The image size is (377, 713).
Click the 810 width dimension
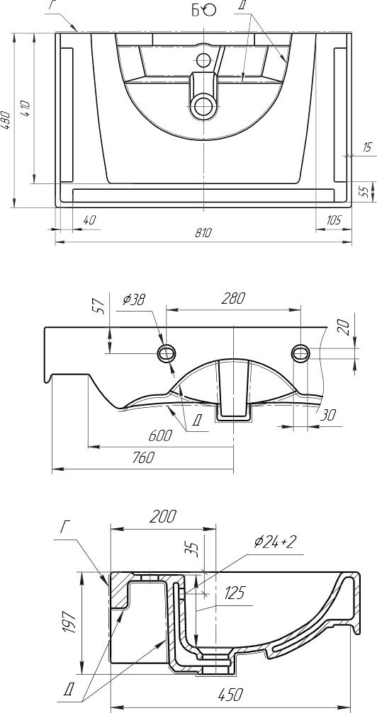click(203, 234)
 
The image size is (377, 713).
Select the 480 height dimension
click(6, 120)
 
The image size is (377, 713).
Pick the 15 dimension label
click(367, 147)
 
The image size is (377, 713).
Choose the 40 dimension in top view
click(89, 220)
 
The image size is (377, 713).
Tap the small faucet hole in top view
click(203, 59)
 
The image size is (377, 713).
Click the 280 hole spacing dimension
click(233, 299)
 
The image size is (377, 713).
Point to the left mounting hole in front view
click(167, 353)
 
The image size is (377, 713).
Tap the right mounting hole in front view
click(300, 353)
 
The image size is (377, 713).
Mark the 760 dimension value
click(142, 458)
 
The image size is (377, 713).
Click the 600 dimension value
click(160, 435)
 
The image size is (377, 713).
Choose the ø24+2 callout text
click(276, 542)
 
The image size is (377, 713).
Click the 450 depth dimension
click(230, 695)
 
